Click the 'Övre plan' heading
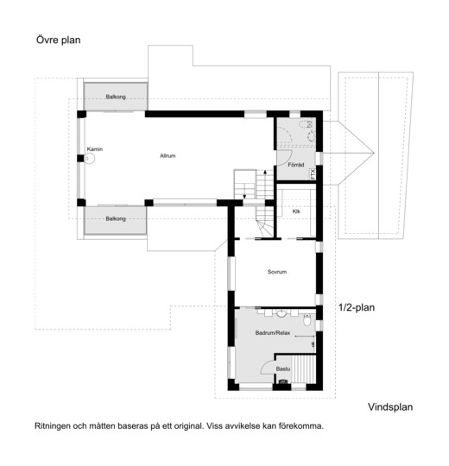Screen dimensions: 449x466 click(x=58, y=40)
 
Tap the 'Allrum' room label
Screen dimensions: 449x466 click(x=168, y=155)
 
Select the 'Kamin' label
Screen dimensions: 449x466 click(x=95, y=149)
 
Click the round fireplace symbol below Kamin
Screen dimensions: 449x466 click(x=90, y=159)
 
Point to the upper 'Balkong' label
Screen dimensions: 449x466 click(x=116, y=97)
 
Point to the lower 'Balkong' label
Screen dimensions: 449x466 click(x=116, y=218)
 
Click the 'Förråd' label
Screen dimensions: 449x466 click(x=296, y=165)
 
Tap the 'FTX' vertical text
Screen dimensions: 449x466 click(x=313, y=173)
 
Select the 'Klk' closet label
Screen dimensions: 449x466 click(x=296, y=211)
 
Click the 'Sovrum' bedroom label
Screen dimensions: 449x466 click(x=277, y=272)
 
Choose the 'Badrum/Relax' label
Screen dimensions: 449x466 click(x=273, y=333)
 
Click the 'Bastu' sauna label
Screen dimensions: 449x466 click(x=282, y=368)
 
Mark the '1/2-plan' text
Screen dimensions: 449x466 click(x=357, y=307)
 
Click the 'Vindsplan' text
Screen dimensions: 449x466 click(x=390, y=406)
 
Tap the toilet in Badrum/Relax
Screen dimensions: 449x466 click(x=307, y=319)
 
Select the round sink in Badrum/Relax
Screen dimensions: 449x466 click(x=281, y=313)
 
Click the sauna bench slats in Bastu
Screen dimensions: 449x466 click(x=303, y=369)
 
